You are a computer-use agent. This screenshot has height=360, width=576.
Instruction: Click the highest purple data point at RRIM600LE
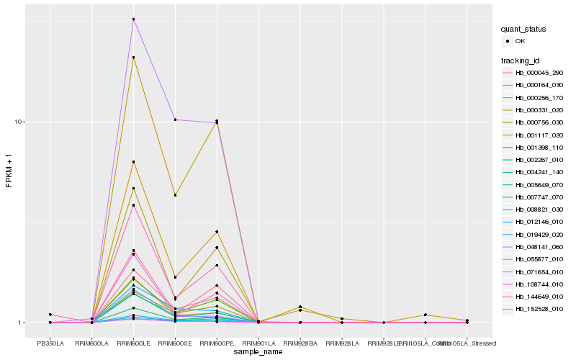coord(133,19)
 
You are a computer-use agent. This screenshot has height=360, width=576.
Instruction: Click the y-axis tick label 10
coord(21,122)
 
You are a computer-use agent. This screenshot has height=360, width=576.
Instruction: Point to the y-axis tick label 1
coord(23,323)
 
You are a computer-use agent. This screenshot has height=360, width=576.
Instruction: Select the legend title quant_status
coord(525,30)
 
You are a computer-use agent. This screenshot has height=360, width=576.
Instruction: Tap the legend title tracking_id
coord(522,59)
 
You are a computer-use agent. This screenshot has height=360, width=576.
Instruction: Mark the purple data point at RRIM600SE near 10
coord(175,120)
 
